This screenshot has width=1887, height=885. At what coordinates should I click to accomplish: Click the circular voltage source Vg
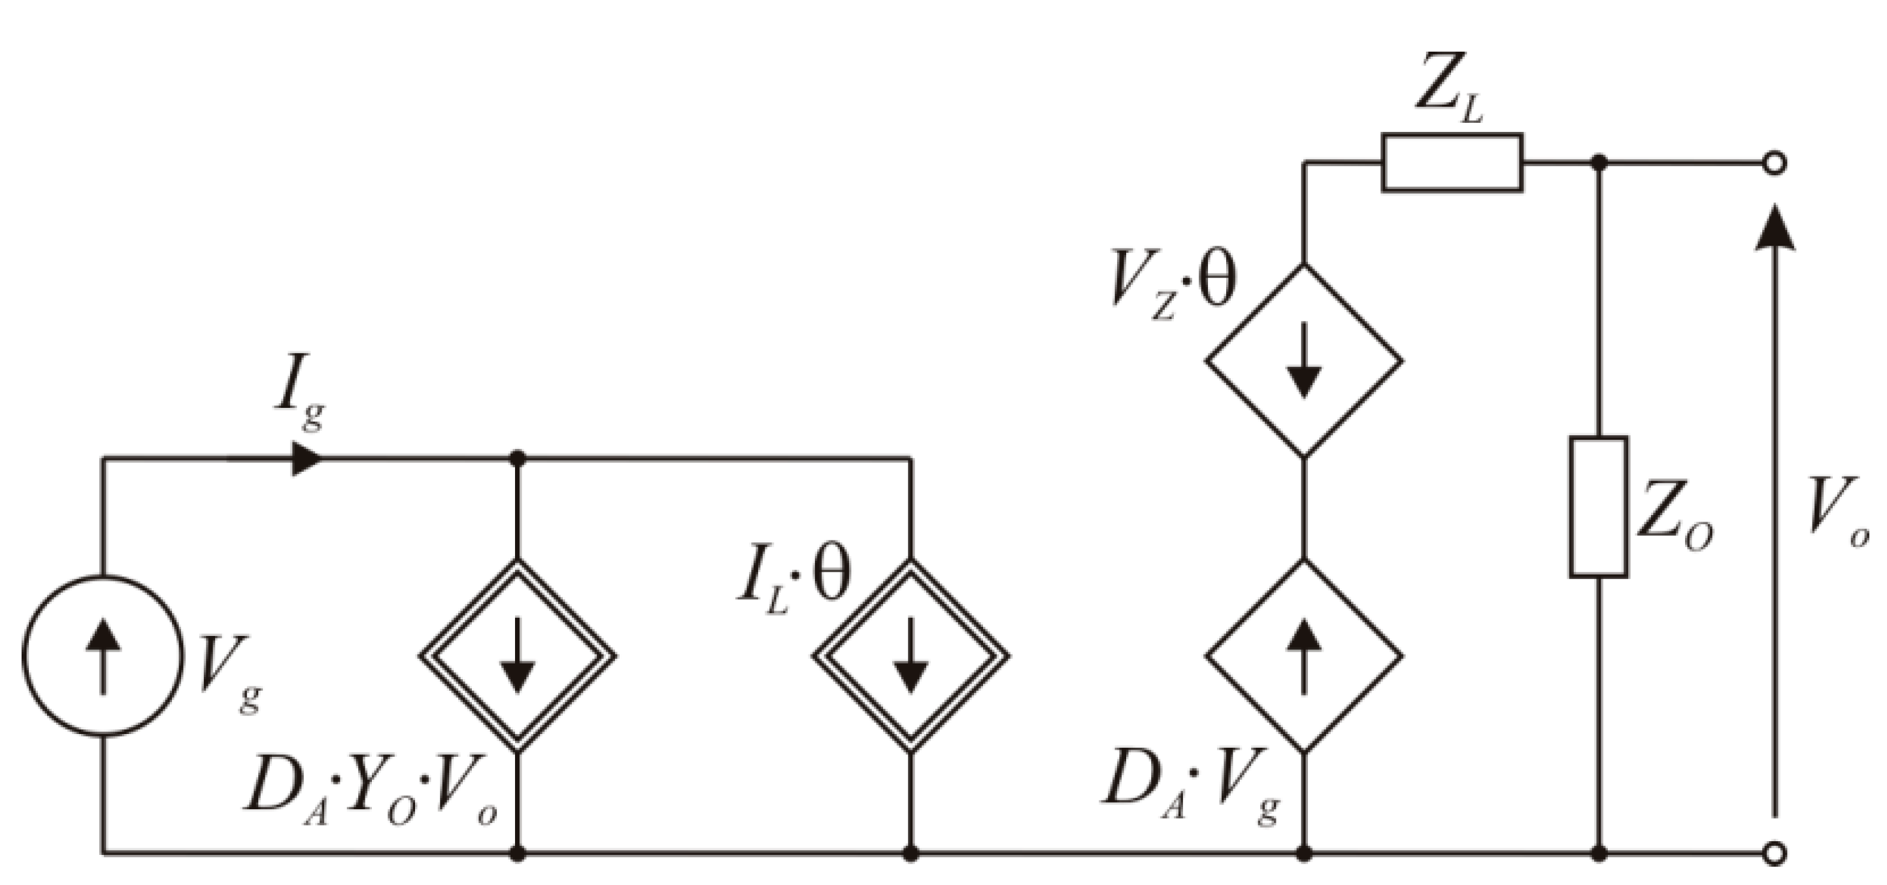pyautogui.click(x=102, y=656)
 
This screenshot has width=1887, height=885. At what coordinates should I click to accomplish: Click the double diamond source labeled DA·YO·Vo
pyautogui.click(x=517, y=656)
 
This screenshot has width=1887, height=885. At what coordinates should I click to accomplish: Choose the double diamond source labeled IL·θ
pyautogui.click(x=910, y=656)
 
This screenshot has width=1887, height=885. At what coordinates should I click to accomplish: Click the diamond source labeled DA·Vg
pyautogui.click(x=1304, y=656)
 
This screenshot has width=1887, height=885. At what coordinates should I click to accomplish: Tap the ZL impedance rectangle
pyautogui.click(x=1452, y=163)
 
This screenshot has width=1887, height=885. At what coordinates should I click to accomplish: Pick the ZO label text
pyautogui.click(x=1674, y=524)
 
